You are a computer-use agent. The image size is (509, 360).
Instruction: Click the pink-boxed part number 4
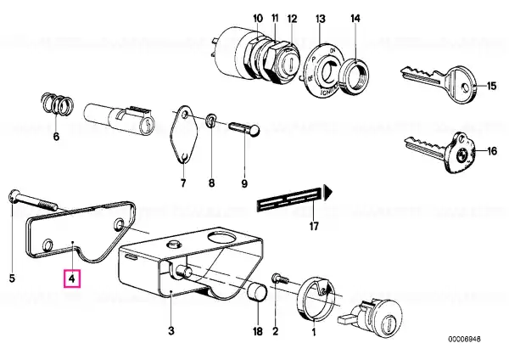(72, 278)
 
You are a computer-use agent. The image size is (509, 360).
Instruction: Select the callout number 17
(314, 226)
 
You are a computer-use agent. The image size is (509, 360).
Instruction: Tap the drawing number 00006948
(465, 340)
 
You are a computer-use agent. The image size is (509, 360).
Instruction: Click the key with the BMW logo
(439, 152)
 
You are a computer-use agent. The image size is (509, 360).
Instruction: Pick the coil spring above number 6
(57, 104)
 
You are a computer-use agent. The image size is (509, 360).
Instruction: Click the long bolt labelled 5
(33, 201)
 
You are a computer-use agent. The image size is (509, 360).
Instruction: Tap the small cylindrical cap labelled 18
(258, 295)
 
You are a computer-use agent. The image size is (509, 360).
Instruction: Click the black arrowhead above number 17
(328, 191)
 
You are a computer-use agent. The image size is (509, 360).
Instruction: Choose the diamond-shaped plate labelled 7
(184, 133)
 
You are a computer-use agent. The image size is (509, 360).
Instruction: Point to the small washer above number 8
(211, 121)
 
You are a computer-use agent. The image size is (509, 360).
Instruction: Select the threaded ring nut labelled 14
(355, 77)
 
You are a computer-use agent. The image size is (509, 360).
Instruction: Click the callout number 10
(258, 18)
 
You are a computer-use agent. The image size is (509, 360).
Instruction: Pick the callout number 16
(492, 151)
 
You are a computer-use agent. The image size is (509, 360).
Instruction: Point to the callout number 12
(292, 19)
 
